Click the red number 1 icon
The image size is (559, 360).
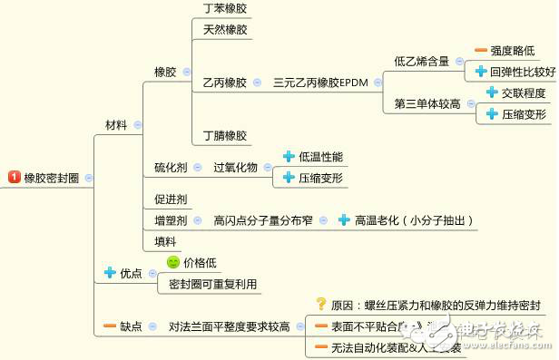coord(15,178)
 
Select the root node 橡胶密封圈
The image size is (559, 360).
coord(52,178)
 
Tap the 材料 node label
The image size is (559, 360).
coord(116,124)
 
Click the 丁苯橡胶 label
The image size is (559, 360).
coord(224,8)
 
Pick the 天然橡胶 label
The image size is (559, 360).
coord(224,30)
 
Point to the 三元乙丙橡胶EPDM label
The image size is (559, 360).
coord(320,83)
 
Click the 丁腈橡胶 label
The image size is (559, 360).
coord(224,136)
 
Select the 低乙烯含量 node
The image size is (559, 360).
coord(421,61)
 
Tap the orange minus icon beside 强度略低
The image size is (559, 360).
coord(480,51)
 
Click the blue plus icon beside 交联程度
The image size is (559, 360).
coord(491,92)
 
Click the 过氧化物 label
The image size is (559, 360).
coord(235,168)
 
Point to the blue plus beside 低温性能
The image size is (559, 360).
coord(289,157)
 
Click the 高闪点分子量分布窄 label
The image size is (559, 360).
coord(263,220)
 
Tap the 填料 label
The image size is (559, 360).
coord(164,242)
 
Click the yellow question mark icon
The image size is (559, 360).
coord(320,304)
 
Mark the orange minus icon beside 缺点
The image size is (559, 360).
coord(110,326)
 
